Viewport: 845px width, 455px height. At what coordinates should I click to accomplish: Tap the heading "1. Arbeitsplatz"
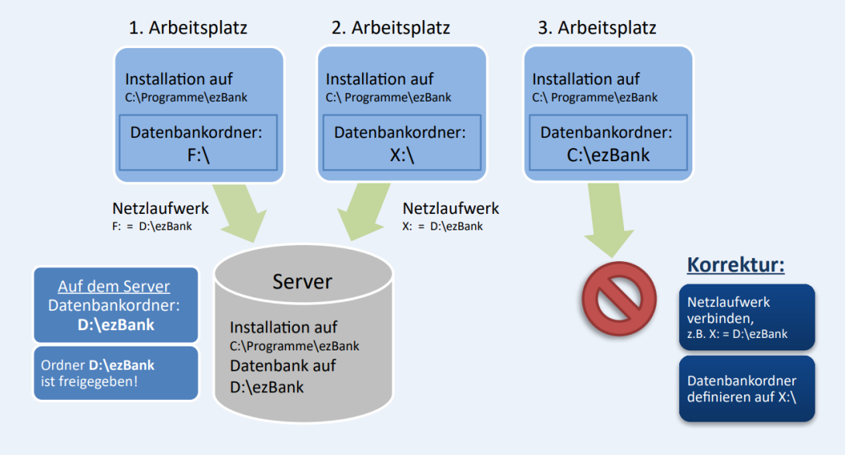pyautogui.click(x=188, y=28)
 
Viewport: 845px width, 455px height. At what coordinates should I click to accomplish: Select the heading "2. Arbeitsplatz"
pyautogui.click(x=391, y=28)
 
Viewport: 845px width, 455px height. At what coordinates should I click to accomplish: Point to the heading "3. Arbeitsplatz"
pyautogui.click(x=597, y=28)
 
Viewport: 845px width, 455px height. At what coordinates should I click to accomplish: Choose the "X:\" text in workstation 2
pyautogui.click(x=402, y=155)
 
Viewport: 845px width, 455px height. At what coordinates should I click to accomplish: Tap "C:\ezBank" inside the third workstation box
pyautogui.click(x=608, y=155)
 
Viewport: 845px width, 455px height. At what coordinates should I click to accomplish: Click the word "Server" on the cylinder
pyautogui.click(x=302, y=281)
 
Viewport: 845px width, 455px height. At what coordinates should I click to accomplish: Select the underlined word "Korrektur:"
pyautogui.click(x=736, y=266)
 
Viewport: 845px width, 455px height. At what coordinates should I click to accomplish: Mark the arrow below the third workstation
pyautogui.click(x=608, y=221)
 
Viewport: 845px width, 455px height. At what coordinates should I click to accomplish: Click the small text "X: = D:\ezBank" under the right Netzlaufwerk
pyautogui.click(x=443, y=226)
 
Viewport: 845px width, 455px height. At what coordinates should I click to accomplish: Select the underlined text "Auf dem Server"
pyautogui.click(x=114, y=285)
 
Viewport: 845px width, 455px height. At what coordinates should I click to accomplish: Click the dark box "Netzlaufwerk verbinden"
pyautogui.click(x=747, y=318)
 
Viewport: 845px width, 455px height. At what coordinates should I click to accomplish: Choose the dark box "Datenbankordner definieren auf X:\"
pyautogui.click(x=747, y=388)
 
